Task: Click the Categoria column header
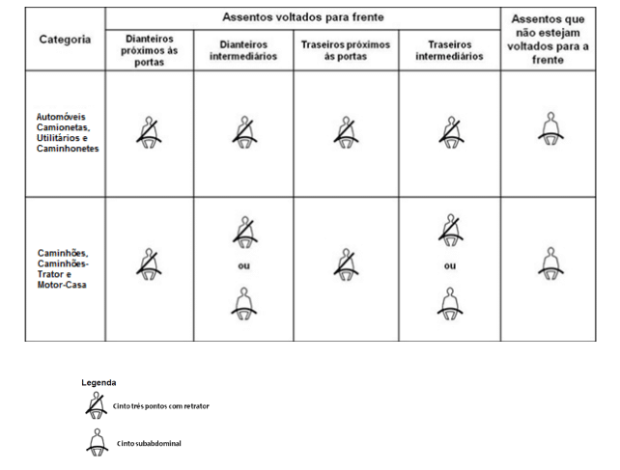65,40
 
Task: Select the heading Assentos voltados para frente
303,17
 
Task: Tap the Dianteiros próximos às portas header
149,50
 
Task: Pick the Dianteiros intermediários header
243,50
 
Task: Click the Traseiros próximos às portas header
346,50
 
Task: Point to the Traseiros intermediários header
449,50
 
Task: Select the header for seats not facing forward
548,40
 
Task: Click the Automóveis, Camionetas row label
68,132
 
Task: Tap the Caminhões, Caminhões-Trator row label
63,269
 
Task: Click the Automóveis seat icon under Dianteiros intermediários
244,132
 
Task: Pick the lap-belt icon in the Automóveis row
550,129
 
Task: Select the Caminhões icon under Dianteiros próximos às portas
149,264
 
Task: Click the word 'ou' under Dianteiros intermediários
244,265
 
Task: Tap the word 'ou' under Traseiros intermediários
450,265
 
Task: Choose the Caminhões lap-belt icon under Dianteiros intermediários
244,304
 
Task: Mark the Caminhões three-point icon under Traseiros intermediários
450,230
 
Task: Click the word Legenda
99,382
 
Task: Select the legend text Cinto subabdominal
149,444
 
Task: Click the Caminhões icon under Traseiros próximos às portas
346,264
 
